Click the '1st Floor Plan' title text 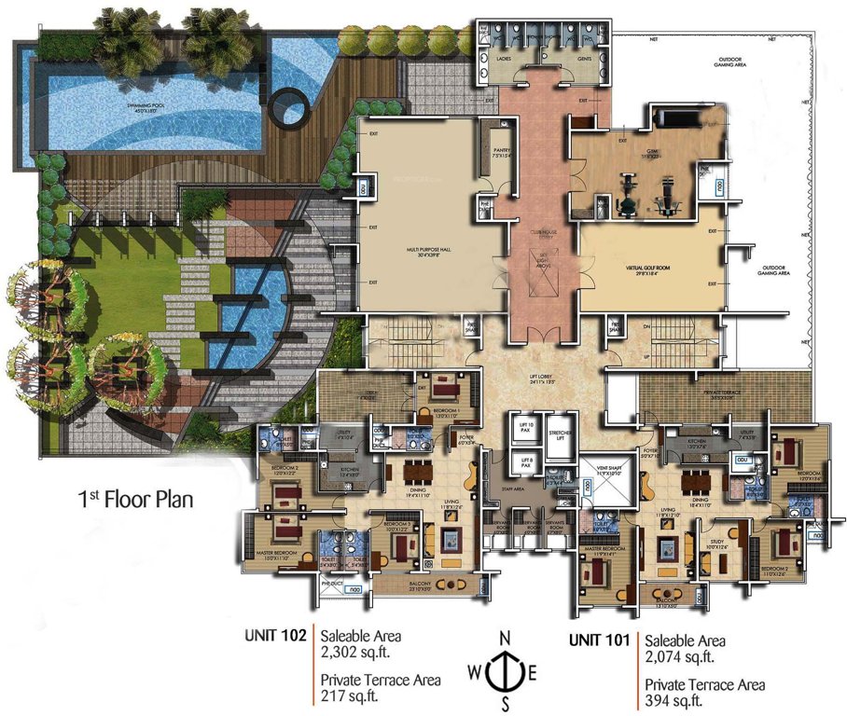coord(135,498)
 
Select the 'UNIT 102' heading coord(275,636)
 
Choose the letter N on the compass coord(504,637)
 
